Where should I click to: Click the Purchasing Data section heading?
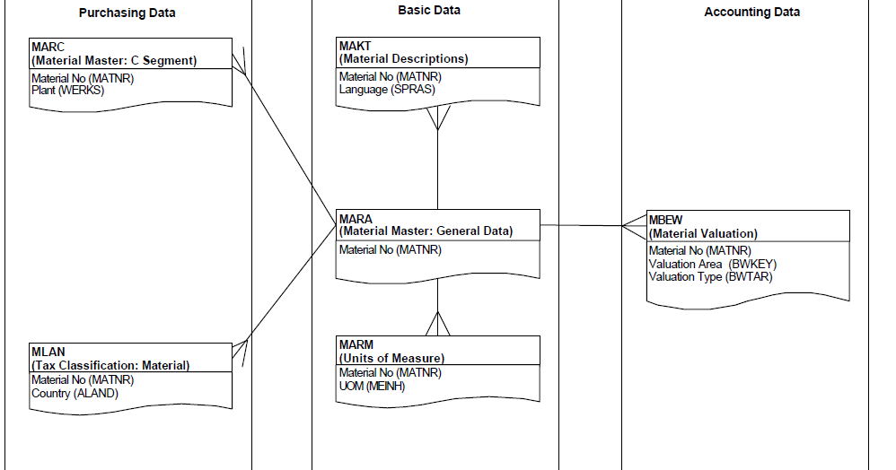tap(127, 13)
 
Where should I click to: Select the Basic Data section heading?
tap(429, 10)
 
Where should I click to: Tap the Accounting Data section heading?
tap(751, 12)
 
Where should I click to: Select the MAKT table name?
tap(356, 46)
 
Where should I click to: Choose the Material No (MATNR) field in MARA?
tap(390, 249)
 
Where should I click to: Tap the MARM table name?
tap(356, 345)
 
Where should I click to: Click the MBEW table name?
tap(666, 220)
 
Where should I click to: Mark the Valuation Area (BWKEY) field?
tap(712, 264)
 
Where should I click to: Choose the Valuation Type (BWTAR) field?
tap(710, 276)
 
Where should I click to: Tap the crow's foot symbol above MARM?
tap(437, 324)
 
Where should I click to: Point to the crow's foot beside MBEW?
tap(634, 226)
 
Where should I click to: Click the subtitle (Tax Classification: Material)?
tap(110, 365)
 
